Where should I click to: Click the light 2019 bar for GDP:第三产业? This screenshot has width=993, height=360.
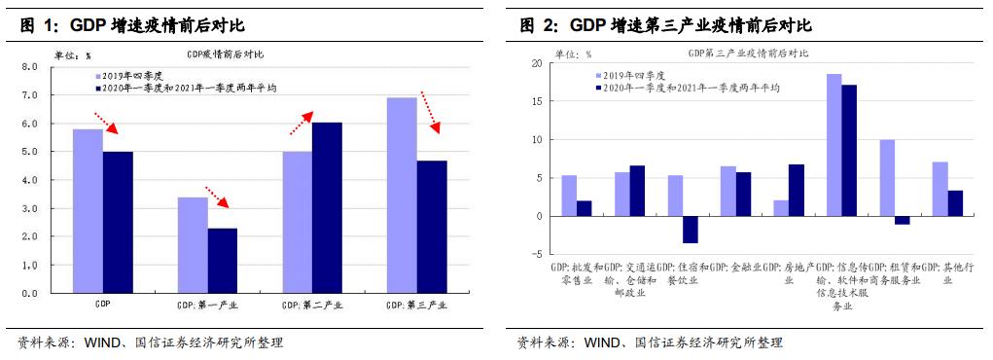tap(402, 195)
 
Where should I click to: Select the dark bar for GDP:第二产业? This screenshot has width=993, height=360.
tap(327, 207)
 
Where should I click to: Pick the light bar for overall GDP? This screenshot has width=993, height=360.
tap(88, 210)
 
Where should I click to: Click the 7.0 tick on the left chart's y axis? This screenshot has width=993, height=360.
tap(29, 95)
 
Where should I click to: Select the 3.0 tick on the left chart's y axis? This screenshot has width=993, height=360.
tap(29, 209)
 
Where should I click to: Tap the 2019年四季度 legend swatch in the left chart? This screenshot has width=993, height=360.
tap(98, 74)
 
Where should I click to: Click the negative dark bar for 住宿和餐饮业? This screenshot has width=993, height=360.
tap(690, 230)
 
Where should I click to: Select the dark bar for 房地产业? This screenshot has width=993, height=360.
tap(796, 190)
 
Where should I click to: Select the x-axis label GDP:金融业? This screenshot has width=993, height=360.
tap(735, 267)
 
